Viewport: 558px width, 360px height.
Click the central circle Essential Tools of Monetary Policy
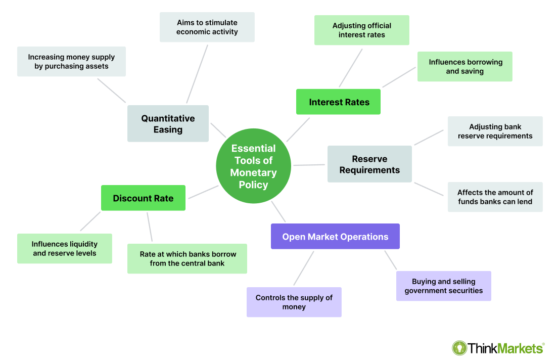coord(253,166)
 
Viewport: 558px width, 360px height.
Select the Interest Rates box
coord(338,102)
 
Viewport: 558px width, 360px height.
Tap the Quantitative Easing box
coord(168,124)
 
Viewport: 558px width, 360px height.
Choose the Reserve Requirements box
coord(369,164)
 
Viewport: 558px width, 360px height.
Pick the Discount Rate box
coord(143,198)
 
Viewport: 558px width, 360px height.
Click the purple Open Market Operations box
coord(335,237)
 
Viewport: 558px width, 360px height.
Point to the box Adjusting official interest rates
coord(361,30)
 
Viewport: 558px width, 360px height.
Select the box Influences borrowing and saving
coord(464,67)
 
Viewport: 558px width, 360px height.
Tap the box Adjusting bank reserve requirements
coord(495,131)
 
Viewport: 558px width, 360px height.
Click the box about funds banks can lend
coord(495,197)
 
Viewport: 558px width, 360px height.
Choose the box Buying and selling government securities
coord(443,286)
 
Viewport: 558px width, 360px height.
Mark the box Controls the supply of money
coord(294,302)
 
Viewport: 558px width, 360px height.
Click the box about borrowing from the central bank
coord(187,259)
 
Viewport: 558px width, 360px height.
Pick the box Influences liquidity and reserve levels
coord(64,249)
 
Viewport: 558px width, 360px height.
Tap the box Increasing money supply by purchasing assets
coord(71,62)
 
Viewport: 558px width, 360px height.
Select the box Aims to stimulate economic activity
coord(207,27)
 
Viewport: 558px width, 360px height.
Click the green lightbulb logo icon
coord(459,348)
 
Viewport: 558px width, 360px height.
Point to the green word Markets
coord(520,348)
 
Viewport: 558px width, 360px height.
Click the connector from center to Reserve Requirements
coord(309,165)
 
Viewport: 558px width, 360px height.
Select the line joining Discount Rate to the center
coord(202,192)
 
